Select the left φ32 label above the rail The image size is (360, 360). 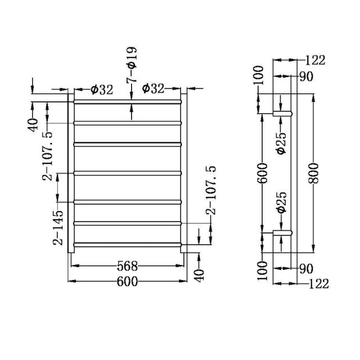coord(101,89)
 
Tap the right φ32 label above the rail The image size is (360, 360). coord(153,89)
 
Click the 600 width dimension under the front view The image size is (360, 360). coord(128,282)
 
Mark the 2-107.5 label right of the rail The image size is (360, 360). coord(211,190)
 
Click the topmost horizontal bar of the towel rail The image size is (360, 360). coord(128,102)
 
